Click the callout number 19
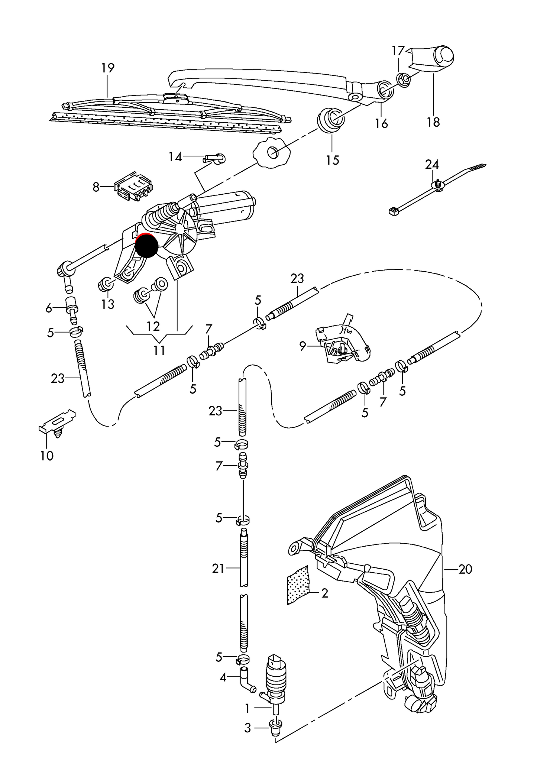pos(108,68)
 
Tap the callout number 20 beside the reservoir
pos(465,569)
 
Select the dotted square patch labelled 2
pos(298,585)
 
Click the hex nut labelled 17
pos(403,79)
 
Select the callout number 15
pos(333,160)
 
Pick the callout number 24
pos(432,164)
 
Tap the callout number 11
pos(159,350)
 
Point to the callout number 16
pos(381,123)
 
